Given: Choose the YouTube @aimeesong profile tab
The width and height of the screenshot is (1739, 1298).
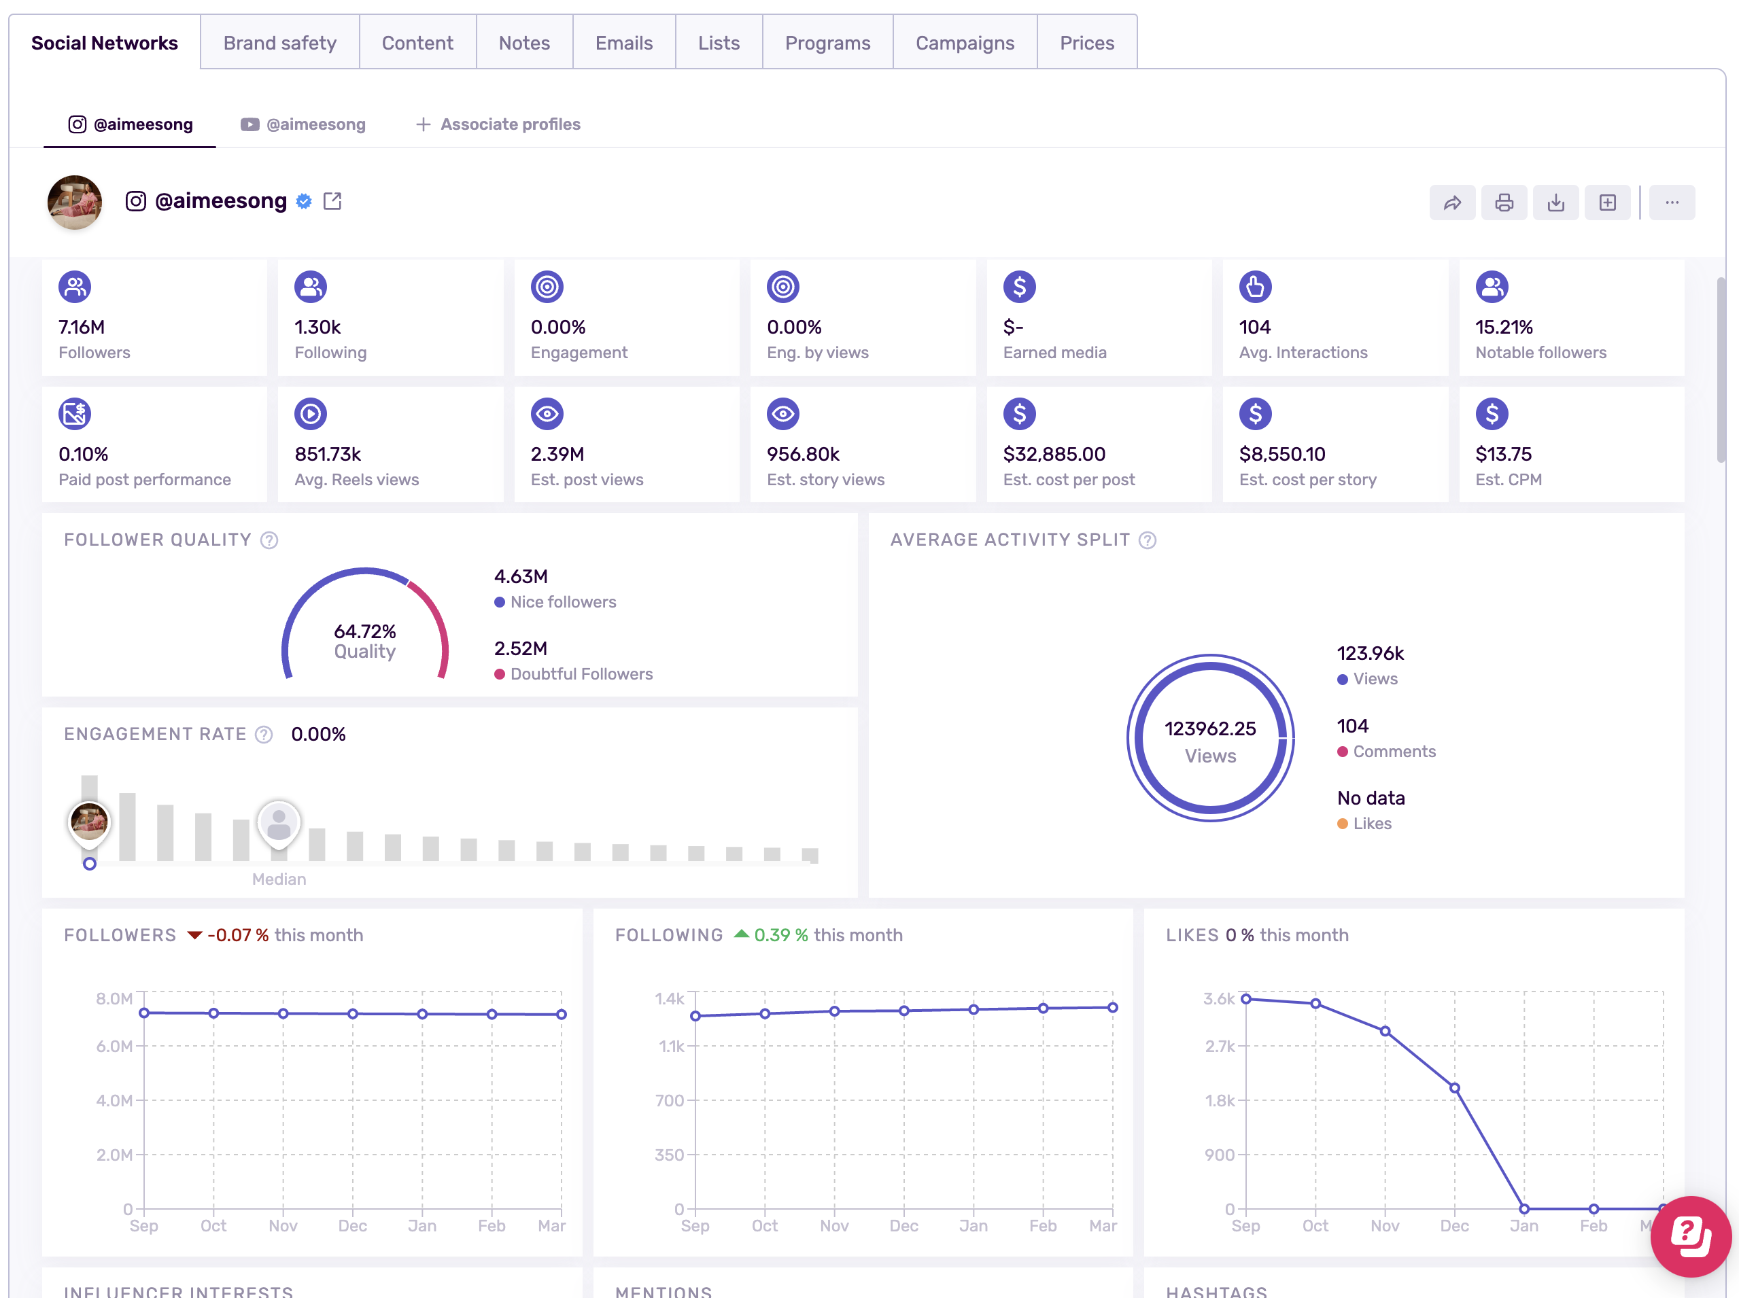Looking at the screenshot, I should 303,124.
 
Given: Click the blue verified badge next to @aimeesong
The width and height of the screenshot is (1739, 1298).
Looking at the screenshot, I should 304,201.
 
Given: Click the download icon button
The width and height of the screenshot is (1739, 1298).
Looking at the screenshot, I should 1555,203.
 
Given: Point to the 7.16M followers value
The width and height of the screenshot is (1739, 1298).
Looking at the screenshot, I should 82,327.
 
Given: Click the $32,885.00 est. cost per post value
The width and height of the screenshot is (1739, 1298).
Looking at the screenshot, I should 1054,454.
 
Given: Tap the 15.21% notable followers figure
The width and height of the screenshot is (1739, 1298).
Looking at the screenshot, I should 1503,327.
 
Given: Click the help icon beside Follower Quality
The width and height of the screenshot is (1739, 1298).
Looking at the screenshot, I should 269,540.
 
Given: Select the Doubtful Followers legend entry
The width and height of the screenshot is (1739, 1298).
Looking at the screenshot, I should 581,674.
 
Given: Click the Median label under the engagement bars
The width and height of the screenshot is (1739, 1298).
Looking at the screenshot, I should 279,879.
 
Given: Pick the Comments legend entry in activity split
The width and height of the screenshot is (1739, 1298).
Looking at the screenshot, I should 1393,751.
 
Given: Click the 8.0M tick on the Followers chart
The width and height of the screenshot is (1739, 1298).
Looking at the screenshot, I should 114,998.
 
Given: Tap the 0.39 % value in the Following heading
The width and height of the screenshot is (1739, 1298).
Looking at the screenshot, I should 780,935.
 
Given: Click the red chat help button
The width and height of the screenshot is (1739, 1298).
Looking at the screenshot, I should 1690,1236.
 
